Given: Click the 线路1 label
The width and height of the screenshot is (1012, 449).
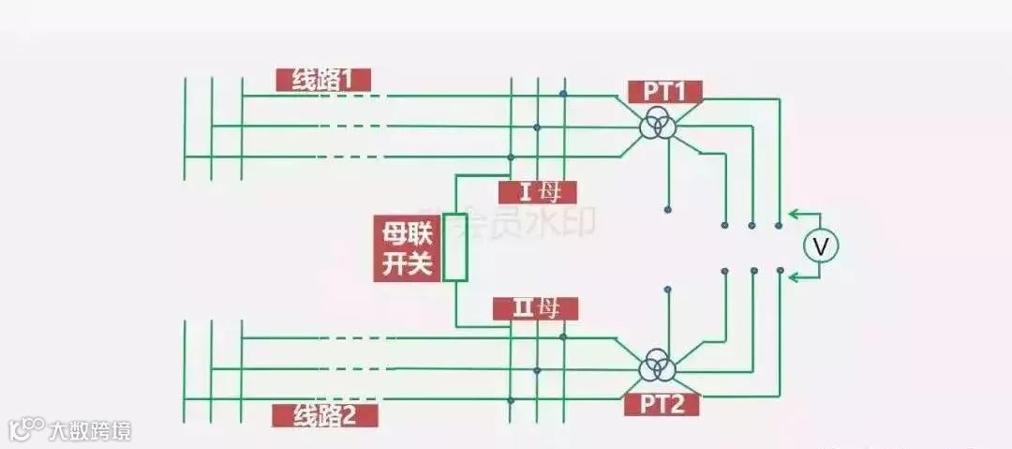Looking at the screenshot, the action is pos(323,81).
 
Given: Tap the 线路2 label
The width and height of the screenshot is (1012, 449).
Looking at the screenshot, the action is pos(324,415).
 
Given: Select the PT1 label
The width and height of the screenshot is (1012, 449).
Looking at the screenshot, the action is pos(664,91).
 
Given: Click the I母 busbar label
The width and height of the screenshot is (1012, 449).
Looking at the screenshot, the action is pos(537,192).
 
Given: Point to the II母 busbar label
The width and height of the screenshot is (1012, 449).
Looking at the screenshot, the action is pos(536,307).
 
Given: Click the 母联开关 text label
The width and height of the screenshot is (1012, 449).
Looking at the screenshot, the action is pos(406,248).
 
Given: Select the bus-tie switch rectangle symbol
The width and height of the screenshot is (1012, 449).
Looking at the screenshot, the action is pos(455,247).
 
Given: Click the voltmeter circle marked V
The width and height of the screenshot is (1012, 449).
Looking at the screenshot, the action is pos(821,247).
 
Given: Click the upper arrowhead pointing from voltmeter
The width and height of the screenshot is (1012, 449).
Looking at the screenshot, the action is pos(794,215).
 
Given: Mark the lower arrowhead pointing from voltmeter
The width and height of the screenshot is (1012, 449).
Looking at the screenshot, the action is pos(794,277).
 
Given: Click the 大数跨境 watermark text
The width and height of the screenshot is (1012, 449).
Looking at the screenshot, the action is pos(90,430).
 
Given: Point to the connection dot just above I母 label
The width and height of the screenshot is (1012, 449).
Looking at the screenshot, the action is pos(510,157).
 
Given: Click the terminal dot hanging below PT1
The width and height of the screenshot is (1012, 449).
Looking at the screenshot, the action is pos(667,208).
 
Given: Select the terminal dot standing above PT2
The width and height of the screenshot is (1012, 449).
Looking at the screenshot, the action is pos(667,289).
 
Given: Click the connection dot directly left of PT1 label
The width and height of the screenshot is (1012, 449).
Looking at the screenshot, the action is pos(563,94).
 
